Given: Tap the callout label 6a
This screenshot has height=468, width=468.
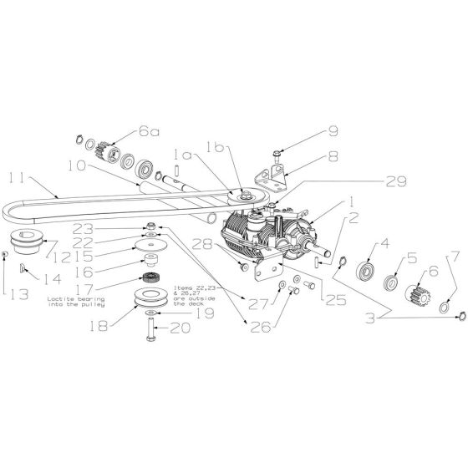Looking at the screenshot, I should click(x=150, y=132).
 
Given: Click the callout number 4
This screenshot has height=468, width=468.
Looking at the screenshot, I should click(x=362, y=245).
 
